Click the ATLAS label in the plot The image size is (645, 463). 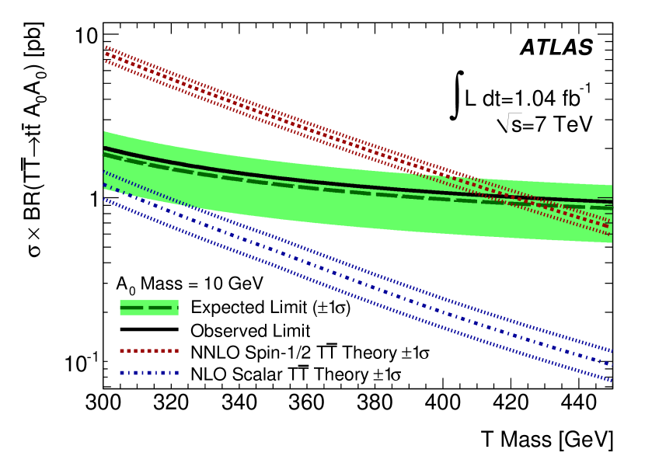(556, 47)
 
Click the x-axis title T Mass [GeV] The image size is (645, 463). (544, 440)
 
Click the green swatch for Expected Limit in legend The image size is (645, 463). (149, 308)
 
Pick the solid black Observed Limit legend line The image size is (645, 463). (149, 330)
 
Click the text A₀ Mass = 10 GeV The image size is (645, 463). (190, 281)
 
